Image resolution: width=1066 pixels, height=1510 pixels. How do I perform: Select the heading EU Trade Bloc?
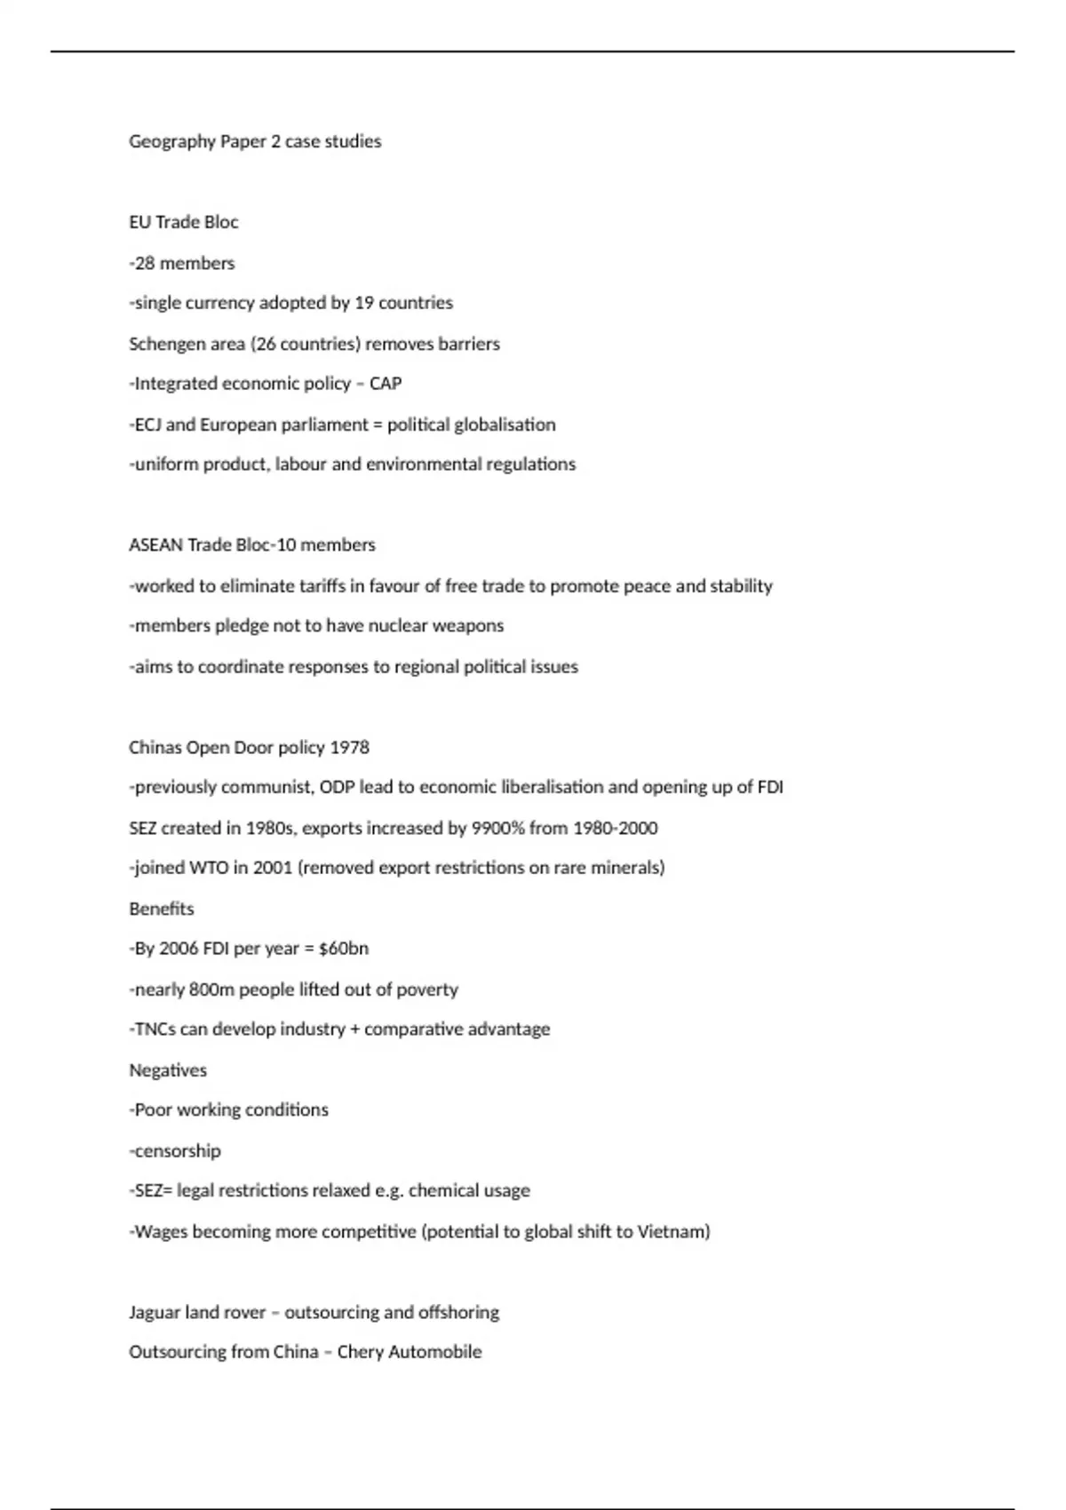(x=183, y=222)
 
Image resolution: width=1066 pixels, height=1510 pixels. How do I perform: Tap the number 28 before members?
(x=145, y=263)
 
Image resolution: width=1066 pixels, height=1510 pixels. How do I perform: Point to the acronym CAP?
(x=386, y=384)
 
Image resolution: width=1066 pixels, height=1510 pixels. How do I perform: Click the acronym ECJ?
(x=147, y=425)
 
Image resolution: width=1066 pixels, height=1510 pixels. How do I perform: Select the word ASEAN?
(x=155, y=545)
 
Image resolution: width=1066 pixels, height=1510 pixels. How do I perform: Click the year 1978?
(x=349, y=748)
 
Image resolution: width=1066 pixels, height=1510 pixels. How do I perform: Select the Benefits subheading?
(x=161, y=909)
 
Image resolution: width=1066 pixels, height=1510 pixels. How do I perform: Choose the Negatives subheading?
(x=167, y=1070)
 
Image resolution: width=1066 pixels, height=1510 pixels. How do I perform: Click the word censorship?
(x=177, y=1151)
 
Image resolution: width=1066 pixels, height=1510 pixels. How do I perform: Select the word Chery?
(x=359, y=1353)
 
